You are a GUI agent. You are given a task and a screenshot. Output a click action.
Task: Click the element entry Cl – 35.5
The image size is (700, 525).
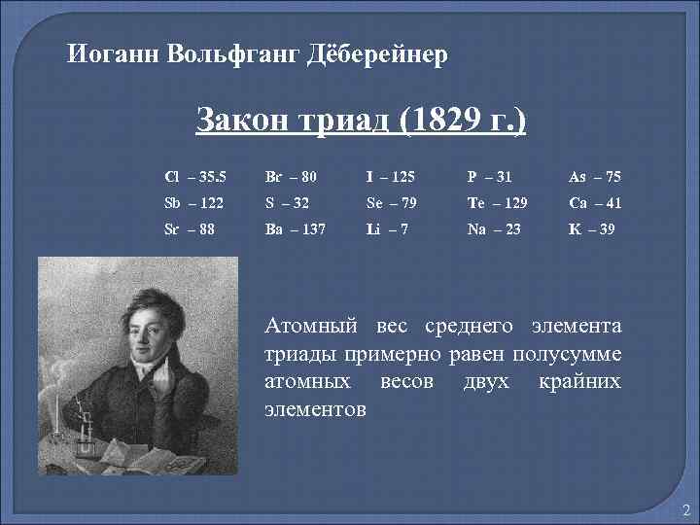195,177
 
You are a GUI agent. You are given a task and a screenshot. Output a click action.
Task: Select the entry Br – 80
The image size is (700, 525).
291,177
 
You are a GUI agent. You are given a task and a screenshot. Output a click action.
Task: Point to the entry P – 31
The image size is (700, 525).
490,177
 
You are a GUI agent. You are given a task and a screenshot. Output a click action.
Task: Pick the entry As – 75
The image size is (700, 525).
595,177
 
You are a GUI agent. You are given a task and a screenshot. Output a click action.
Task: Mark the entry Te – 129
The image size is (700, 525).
498,205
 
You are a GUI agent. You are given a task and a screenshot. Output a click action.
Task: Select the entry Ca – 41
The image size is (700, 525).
595,205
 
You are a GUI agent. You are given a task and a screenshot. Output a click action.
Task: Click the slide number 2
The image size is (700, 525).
684,510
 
